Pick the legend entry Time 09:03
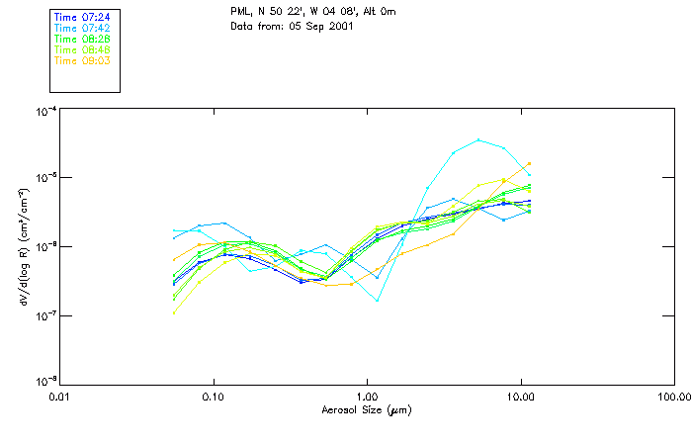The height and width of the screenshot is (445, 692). (x=82, y=60)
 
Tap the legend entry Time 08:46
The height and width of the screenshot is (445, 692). (x=82, y=49)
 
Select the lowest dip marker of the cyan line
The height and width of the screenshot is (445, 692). (x=378, y=300)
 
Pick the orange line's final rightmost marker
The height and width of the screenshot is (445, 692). (x=530, y=164)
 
